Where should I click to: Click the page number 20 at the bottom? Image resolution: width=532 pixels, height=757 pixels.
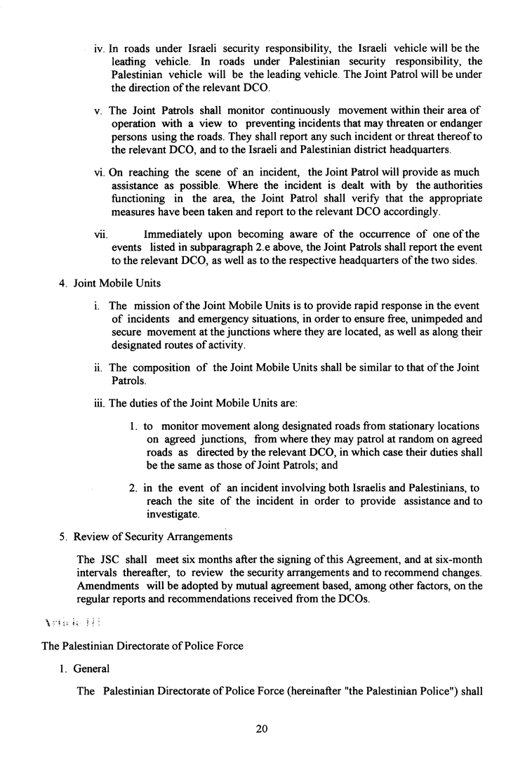(x=262, y=729)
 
